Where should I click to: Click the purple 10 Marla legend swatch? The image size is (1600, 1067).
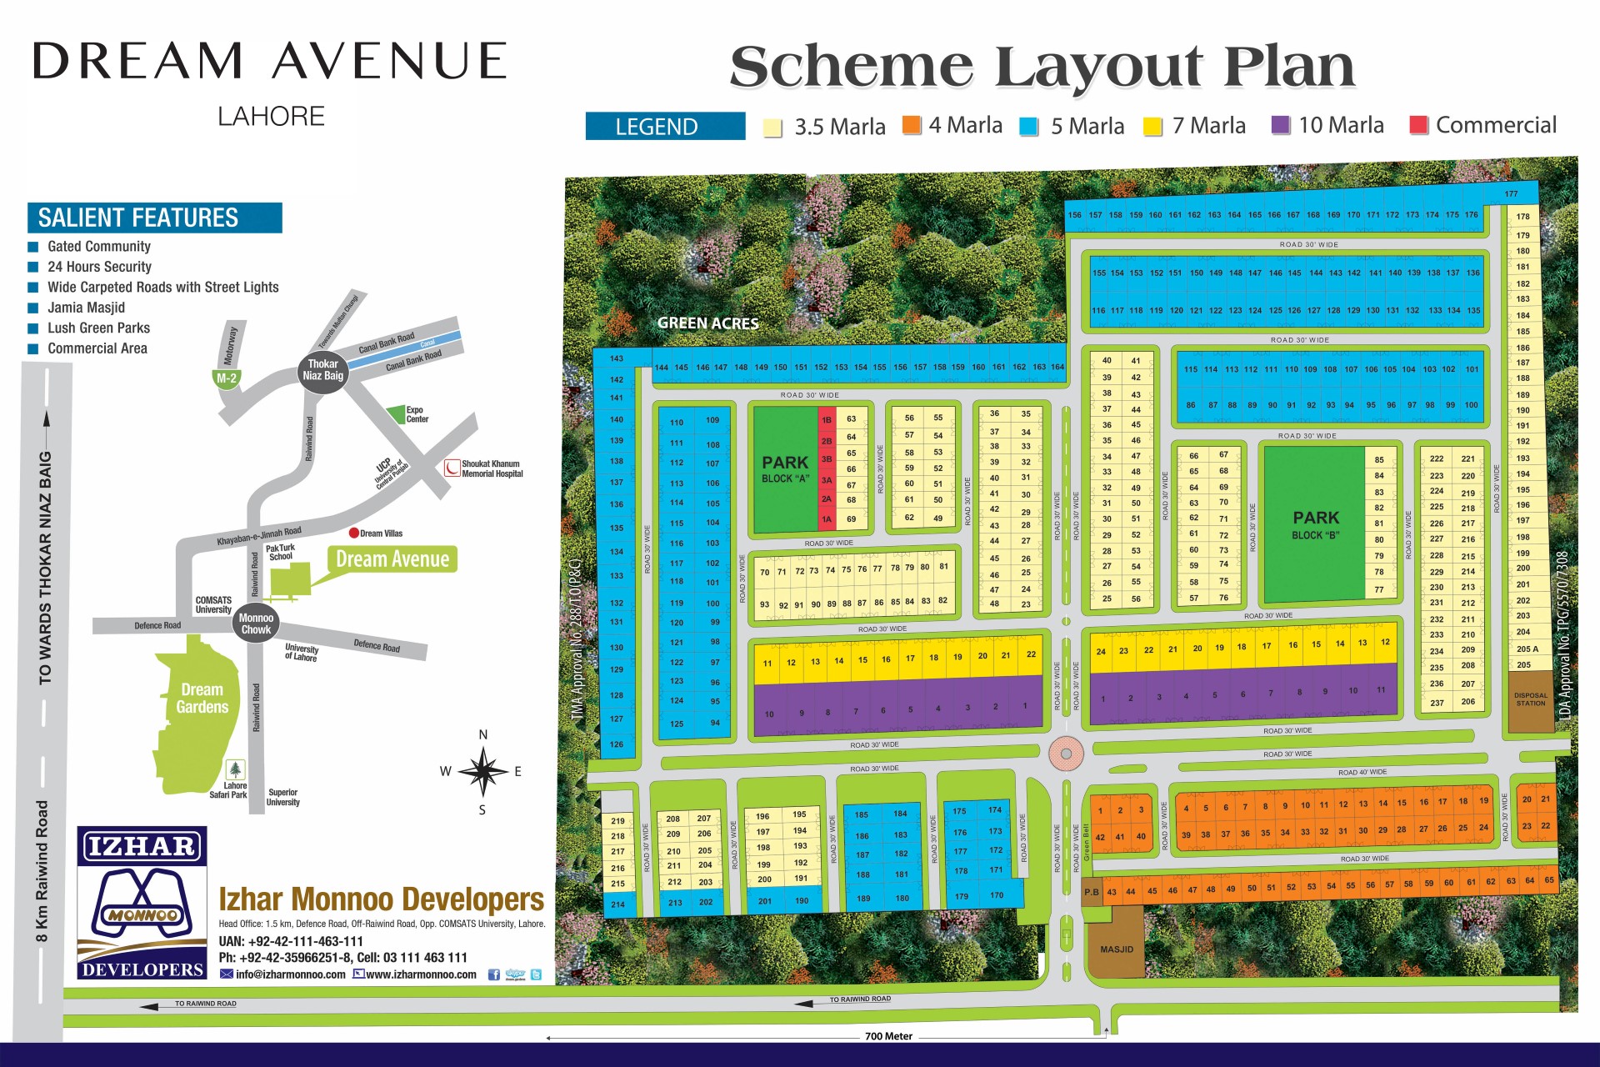pos(1281,125)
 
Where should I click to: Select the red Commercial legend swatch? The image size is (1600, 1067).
pos(1419,125)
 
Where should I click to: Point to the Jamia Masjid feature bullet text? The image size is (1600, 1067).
pos(86,308)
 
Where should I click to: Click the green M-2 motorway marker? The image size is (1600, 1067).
pos(227,378)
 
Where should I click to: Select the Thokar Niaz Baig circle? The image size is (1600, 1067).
pos(322,370)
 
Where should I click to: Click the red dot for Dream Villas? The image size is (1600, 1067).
pos(353,533)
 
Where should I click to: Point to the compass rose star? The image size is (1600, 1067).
pos(482,770)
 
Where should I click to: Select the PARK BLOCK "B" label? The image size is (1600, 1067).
pos(1316,524)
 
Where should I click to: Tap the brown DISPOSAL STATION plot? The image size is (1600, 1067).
pos(1530,701)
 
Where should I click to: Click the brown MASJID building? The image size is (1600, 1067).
pos(1116,949)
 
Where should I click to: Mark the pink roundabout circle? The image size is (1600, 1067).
pos(1066,754)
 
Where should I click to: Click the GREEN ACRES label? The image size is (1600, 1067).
pos(707,323)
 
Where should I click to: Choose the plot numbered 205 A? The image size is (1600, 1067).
pos(1527,649)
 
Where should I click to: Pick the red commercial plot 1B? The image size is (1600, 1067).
pos(827,420)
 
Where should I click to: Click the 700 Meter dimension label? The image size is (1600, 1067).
pos(888,1036)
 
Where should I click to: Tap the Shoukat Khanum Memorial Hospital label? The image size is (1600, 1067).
pos(492,468)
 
